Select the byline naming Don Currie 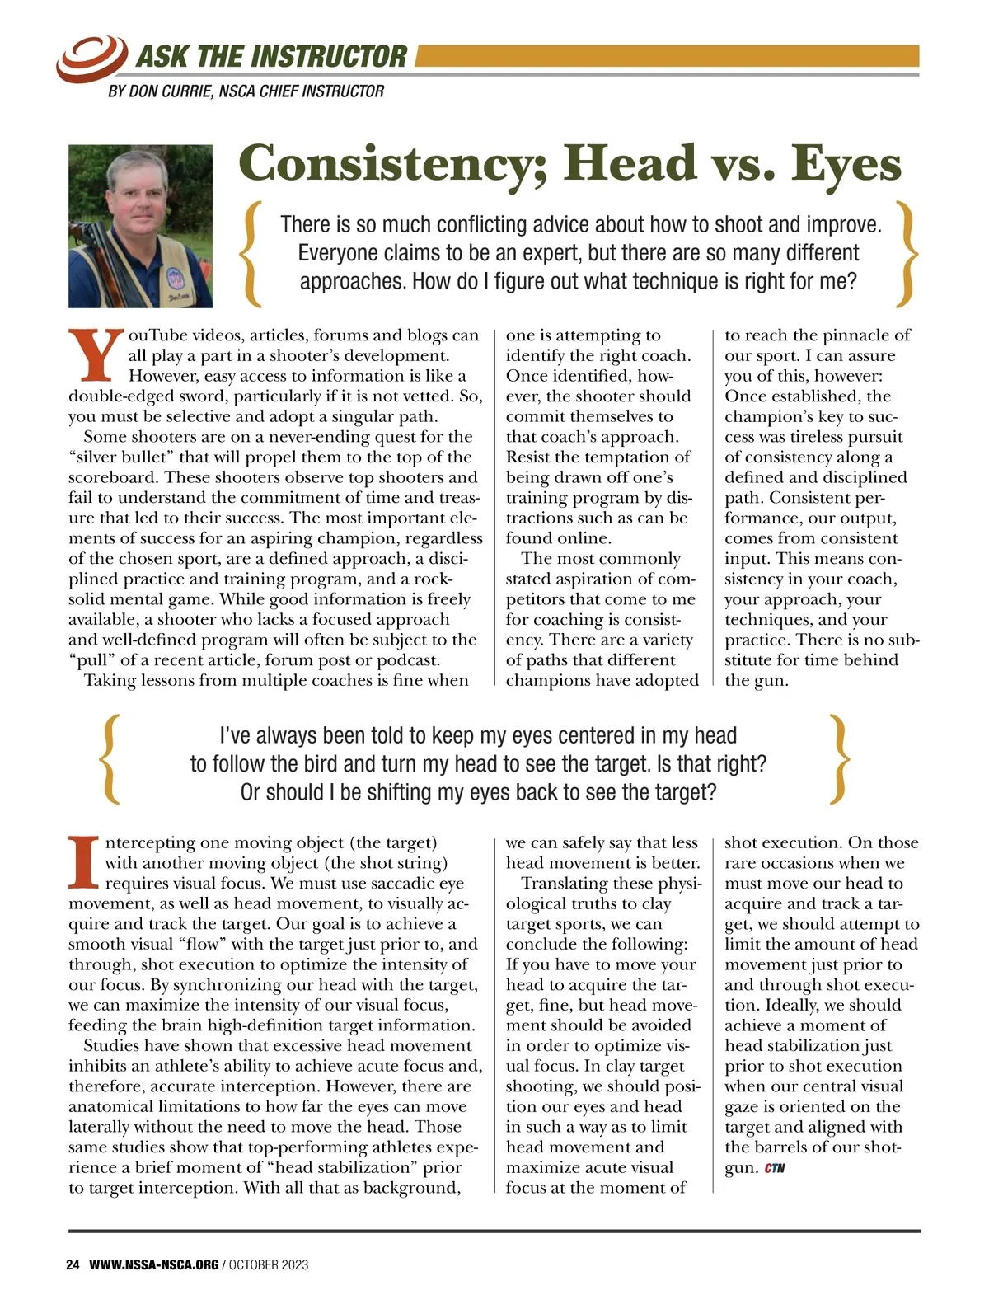click(246, 91)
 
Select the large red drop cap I click(83, 862)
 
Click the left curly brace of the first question click(251, 253)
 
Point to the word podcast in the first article click(409, 660)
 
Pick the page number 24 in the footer click(73, 1264)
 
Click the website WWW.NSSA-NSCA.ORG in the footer click(154, 1264)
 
